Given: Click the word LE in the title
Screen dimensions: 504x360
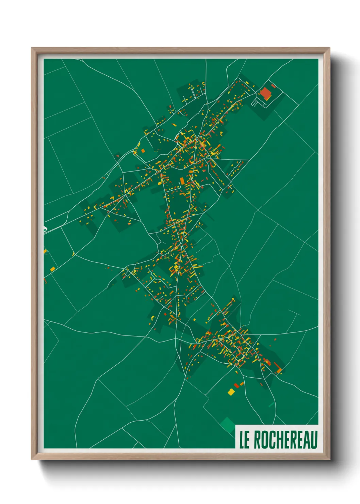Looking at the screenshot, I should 244,440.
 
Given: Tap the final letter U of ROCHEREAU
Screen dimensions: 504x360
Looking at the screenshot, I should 314,440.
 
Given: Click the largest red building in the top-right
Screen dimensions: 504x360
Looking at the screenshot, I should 265,93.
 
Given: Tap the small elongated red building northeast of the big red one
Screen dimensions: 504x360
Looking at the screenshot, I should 273,86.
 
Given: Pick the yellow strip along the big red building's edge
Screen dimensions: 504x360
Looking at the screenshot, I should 268,98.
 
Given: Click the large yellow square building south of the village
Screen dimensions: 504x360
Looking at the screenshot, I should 231,392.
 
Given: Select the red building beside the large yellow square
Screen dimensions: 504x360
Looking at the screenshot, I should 236,386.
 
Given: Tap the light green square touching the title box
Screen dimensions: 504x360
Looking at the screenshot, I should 227,424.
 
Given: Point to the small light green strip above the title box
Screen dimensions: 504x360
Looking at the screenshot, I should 271,405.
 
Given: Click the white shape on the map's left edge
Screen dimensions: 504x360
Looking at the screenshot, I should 45,229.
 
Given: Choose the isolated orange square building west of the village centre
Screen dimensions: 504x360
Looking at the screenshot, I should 143,150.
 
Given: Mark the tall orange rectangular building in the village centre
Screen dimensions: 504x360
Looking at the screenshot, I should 182,180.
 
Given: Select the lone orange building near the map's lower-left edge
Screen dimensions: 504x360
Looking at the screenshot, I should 53,269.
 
